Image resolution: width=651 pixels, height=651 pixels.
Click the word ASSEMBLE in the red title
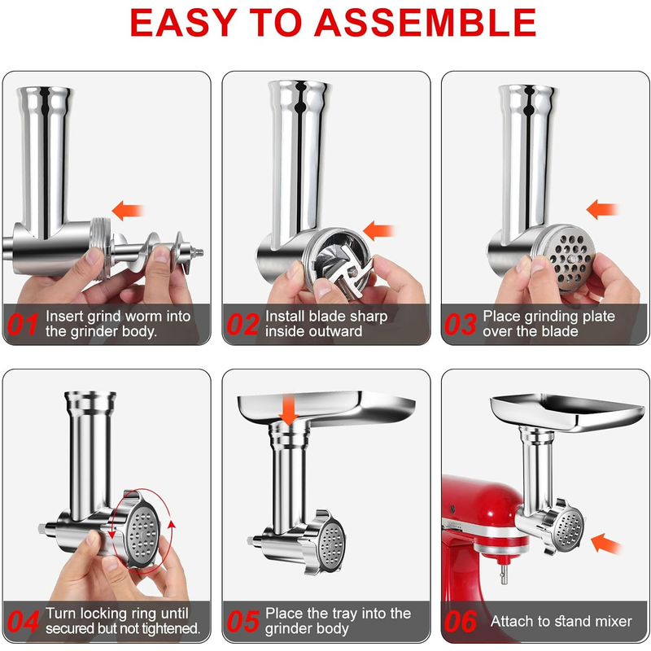point(425,23)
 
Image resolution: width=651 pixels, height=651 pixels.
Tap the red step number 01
point(23,324)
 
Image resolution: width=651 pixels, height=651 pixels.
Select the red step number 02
point(242,324)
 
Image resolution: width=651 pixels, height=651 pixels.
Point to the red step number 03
point(461,324)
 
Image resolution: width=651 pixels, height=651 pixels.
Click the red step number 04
point(24,622)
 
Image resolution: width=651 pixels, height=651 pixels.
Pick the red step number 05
point(242,622)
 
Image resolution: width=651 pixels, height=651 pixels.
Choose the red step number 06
point(461,622)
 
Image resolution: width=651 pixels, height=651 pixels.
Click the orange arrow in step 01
point(128,211)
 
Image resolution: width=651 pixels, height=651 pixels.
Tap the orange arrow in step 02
point(378,230)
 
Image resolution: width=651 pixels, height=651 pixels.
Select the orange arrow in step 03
point(602,209)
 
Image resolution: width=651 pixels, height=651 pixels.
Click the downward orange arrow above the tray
point(288,411)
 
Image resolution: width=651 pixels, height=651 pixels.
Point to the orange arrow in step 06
point(605,544)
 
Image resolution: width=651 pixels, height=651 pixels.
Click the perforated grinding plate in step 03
point(570,258)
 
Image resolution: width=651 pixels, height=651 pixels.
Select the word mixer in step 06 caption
point(614,622)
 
